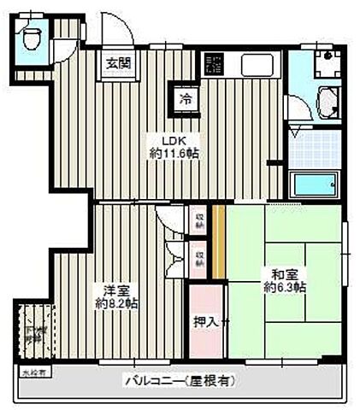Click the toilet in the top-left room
click(32, 36)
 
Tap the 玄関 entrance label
click(118, 62)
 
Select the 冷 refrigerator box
click(186, 98)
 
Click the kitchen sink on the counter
click(255, 64)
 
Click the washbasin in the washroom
click(328, 102)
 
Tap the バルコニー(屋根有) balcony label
click(180, 380)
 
